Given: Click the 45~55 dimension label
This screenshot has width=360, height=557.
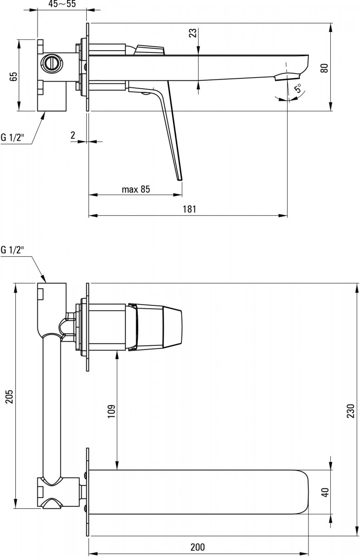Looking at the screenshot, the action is tap(62, 4).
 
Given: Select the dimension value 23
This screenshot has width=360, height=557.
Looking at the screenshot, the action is tap(193, 33).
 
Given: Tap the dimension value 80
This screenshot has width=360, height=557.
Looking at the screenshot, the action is tap(324, 68).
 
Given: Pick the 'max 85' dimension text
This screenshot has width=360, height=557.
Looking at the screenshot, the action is tap(136, 189).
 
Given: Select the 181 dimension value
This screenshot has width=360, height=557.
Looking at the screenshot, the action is tap(190, 209).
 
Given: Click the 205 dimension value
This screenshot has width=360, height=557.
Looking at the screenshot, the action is tap(10, 397).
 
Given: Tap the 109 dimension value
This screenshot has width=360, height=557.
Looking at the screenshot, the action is tap(111, 411).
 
